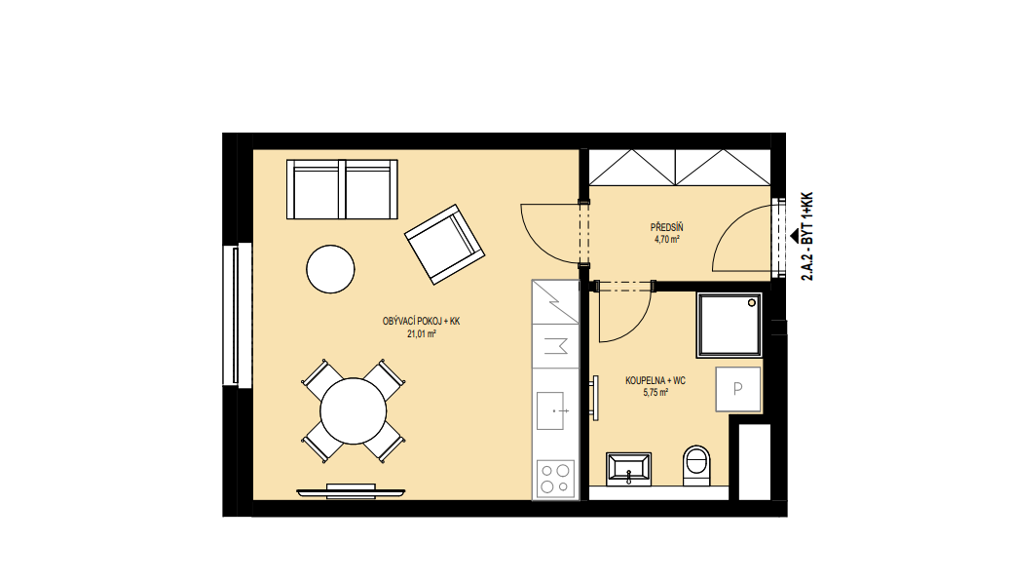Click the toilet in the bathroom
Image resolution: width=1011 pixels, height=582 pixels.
click(x=695, y=465)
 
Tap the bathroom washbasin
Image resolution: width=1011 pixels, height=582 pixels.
click(x=628, y=469)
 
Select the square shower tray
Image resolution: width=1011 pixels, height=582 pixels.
click(x=730, y=325)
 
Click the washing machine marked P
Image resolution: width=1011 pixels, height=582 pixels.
click(x=738, y=389)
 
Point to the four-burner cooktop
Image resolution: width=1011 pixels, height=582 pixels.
click(x=556, y=478)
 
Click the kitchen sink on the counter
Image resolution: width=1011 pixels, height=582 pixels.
click(x=551, y=411)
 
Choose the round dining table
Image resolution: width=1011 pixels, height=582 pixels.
click(x=354, y=411)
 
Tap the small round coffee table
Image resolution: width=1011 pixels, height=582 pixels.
click(x=330, y=269)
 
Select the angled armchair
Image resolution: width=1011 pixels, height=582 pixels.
click(x=445, y=245)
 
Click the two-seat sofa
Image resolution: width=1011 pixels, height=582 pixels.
click(x=342, y=189)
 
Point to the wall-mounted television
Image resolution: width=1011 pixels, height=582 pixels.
click(x=351, y=492)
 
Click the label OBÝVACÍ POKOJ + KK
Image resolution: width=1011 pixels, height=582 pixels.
click(x=421, y=322)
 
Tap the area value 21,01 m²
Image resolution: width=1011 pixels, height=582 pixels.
click(x=422, y=334)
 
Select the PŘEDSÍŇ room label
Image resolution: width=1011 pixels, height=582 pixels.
click(x=666, y=228)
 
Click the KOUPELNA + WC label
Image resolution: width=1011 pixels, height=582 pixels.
click(x=655, y=380)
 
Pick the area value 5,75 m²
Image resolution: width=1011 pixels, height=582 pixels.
click(x=655, y=392)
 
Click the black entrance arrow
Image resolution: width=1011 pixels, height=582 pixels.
click(x=795, y=236)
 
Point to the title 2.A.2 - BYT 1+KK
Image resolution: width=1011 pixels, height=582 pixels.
click(x=806, y=236)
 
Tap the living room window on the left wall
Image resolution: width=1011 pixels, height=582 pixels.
click(x=238, y=315)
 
